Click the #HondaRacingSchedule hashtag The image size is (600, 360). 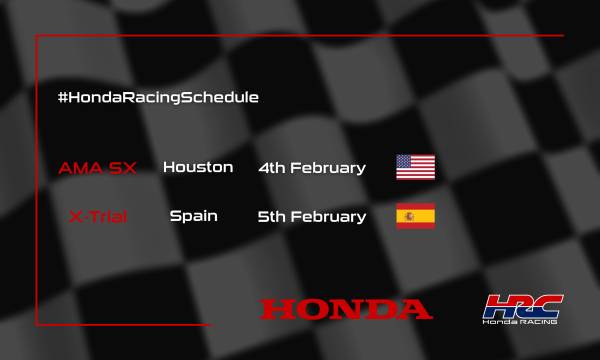click(x=159, y=97)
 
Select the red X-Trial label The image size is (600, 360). click(x=98, y=216)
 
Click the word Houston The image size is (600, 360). click(x=198, y=167)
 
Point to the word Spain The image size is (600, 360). click(x=194, y=216)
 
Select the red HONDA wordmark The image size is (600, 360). click(x=346, y=309)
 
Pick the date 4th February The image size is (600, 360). click(x=311, y=167)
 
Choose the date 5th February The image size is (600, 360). click(x=311, y=216)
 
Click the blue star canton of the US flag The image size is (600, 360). click(x=405, y=161)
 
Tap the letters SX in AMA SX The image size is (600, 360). click(x=121, y=167)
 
